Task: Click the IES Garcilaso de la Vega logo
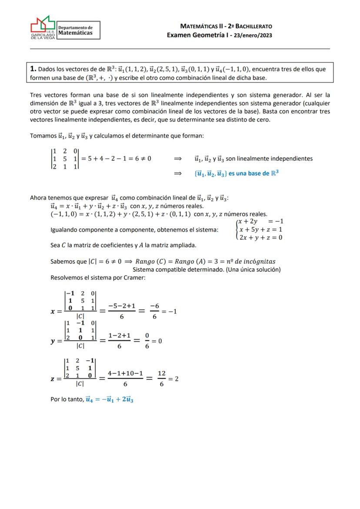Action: pos(43,28)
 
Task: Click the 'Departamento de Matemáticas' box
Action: pos(78,30)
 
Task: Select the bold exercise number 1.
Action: pos(33,69)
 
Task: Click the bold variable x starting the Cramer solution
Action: pos(53,312)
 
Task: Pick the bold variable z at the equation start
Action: pos(53,379)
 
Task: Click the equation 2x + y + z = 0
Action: pos(260,237)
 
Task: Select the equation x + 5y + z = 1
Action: pos(260,229)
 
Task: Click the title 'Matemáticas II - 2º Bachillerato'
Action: pos(226,26)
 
